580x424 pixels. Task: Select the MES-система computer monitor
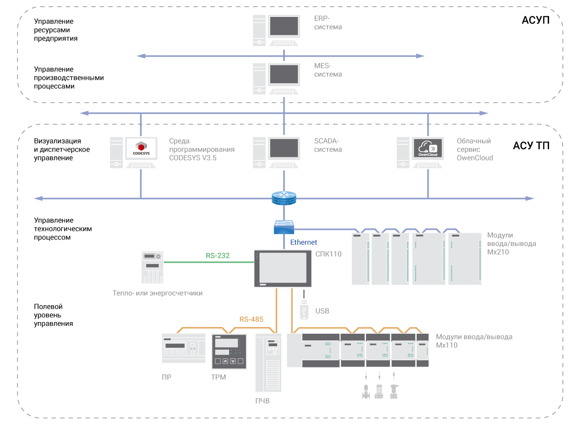[x=284, y=74]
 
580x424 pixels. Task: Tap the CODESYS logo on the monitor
[x=141, y=148]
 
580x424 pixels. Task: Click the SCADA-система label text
[x=328, y=145]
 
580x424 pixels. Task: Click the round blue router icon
[x=284, y=198]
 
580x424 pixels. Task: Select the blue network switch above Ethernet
[x=284, y=227]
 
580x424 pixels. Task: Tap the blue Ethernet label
[x=304, y=242]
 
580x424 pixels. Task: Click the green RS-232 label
[x=217, y=256]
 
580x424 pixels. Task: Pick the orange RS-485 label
[x=251, y=319]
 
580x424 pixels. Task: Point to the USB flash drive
[x=304, y=309]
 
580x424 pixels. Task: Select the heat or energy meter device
[x=152, y=267]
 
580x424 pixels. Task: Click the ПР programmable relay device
[x=180, y=348]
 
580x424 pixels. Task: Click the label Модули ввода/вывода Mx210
[x=511, y=243]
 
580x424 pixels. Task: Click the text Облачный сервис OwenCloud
[x=475, y=149]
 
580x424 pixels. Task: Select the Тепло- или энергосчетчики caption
[x=158, y=293]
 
